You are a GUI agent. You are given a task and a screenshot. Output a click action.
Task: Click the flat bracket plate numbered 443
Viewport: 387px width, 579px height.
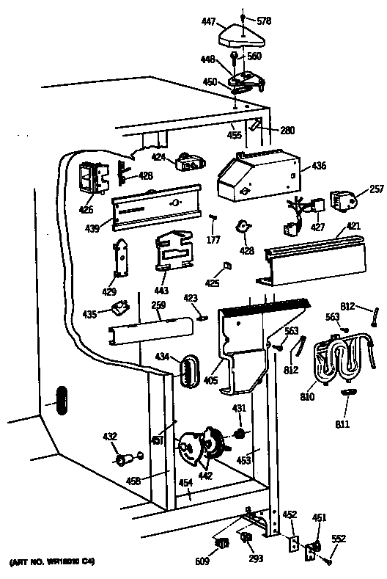pyautogui.click(x=174, y=251)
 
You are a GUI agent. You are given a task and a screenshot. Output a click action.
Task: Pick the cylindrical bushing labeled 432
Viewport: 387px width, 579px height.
pyautogui.click(x=125, y=460)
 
